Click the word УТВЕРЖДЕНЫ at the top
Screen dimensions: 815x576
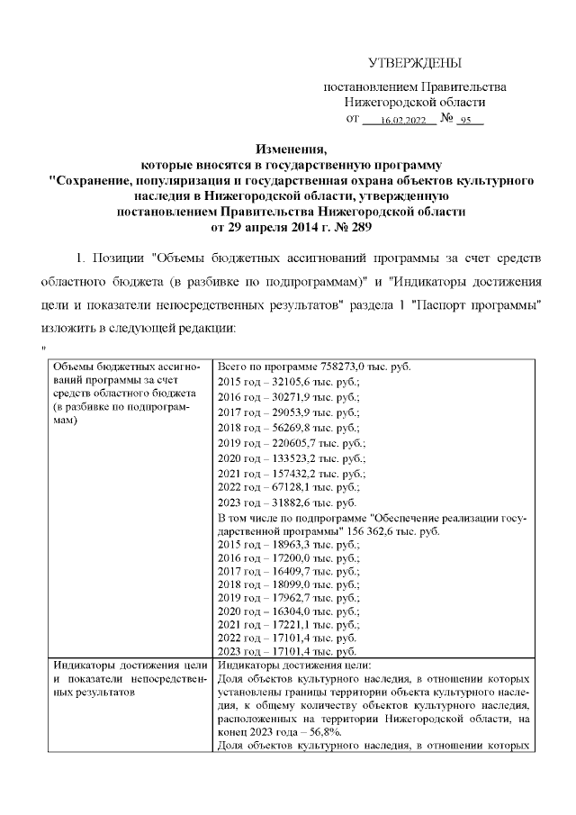click(x=415, y=63)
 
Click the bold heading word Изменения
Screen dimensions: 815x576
click(x=288, y=149)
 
